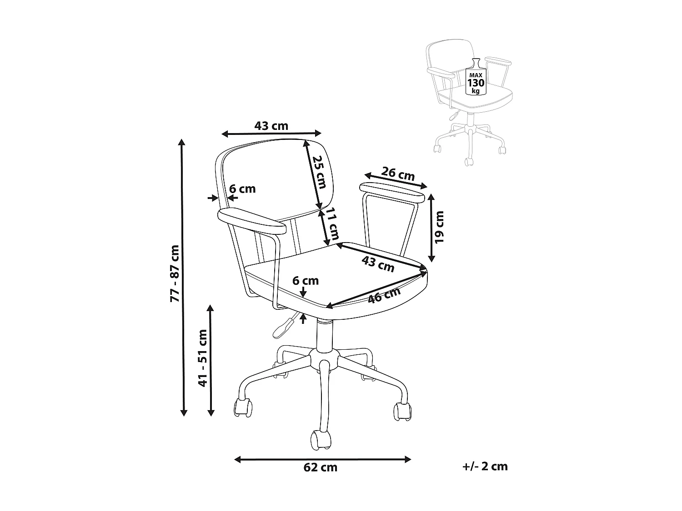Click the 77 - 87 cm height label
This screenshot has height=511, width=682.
[x=175, y=273]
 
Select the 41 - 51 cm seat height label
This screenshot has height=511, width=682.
[x=203, y=358]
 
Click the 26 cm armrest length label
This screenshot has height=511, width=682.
[x=398, y=174]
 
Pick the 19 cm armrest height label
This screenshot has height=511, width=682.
[x=439, y=227]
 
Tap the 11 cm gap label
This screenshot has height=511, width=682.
[x=332, y=223]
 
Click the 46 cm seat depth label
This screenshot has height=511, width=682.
[x=384, y=295]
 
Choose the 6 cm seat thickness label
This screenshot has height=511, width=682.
[x=306, y=281]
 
